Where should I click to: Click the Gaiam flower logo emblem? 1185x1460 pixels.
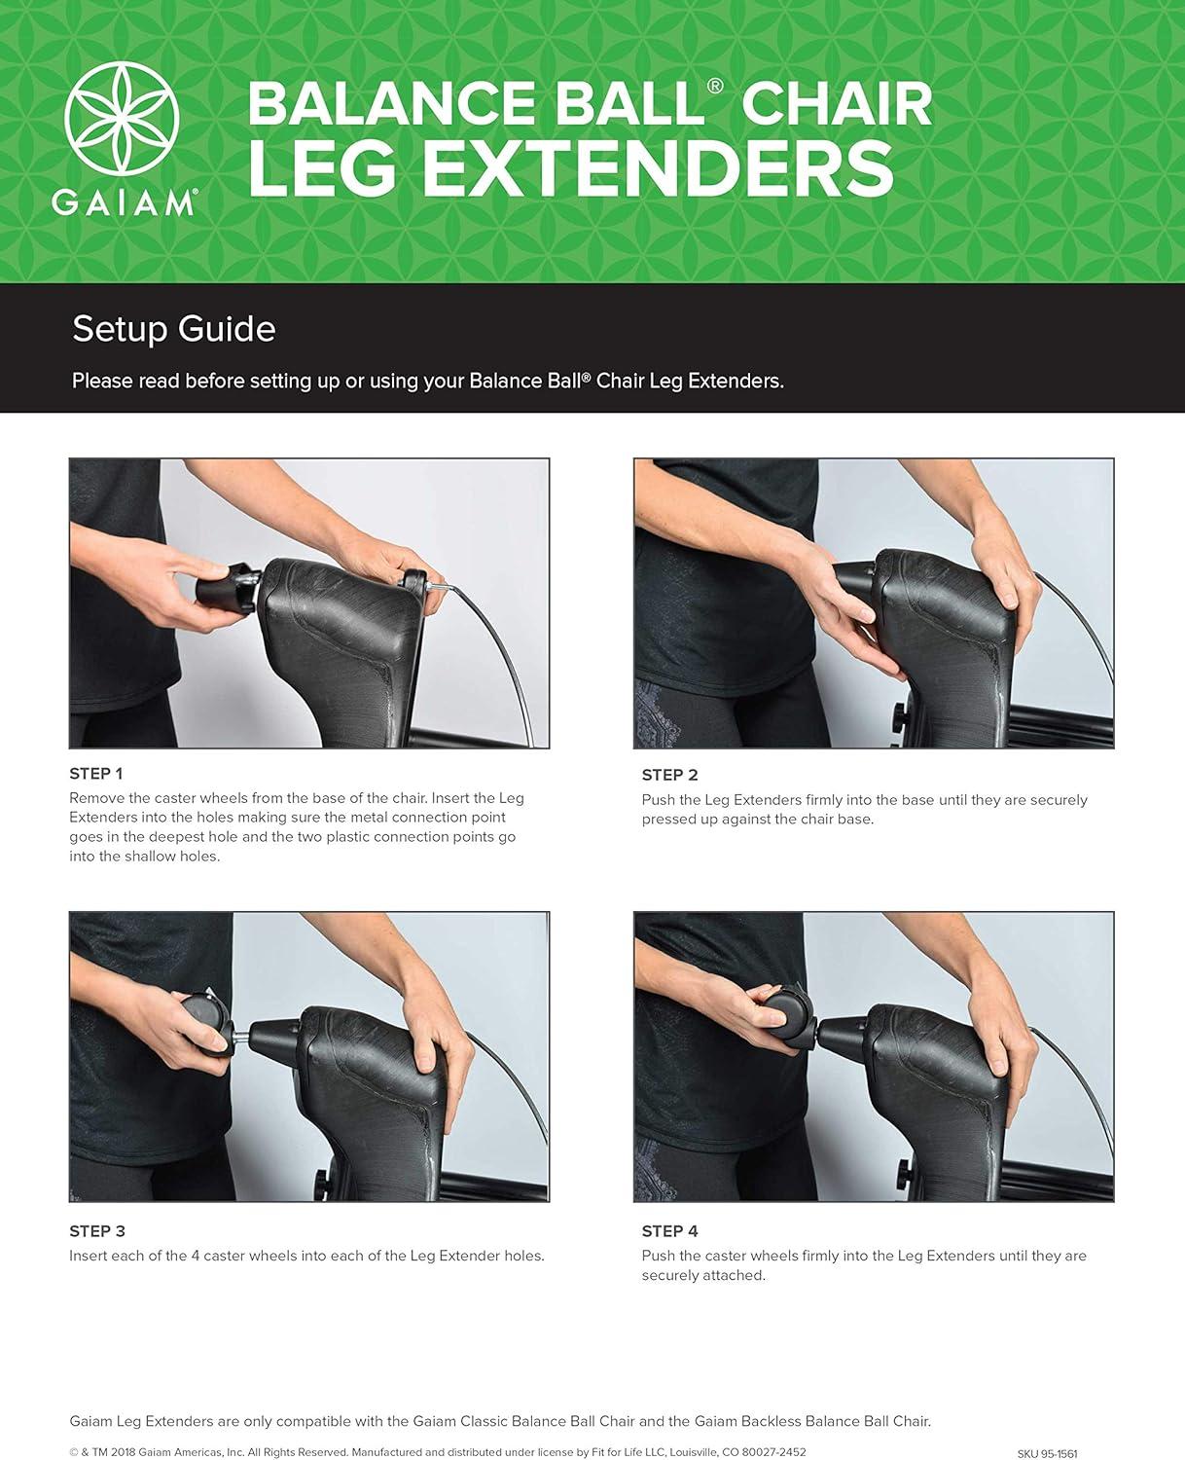(x=122, y=118)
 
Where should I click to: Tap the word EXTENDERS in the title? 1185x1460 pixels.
(x=659, y=168)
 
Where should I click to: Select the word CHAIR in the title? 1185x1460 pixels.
(x=837, y=103)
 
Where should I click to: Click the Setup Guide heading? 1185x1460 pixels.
(x=174, y=329)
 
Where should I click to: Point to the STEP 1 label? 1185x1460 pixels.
(x=96, y=774)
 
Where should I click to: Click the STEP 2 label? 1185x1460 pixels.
(x=669, y=775)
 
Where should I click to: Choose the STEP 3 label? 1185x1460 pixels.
(x=97, y=1231)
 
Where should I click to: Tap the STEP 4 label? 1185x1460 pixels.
(x=669, y=1231)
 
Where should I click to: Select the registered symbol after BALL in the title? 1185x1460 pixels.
(x=714, y=86)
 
